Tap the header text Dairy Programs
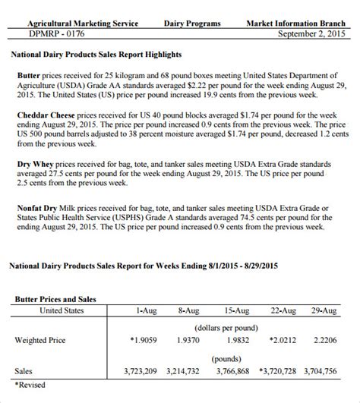tap(192, 24)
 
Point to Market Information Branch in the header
tap(298, 24)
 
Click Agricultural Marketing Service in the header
tap(74, 24)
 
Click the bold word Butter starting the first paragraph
tap(30, 77)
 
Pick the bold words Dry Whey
tap(35, 163)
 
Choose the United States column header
tap(62, 310)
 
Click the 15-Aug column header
tap(236, 310)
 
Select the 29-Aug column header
tap(325, 310)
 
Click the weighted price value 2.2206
tap(325, 341)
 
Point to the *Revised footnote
tap(31, 385)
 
